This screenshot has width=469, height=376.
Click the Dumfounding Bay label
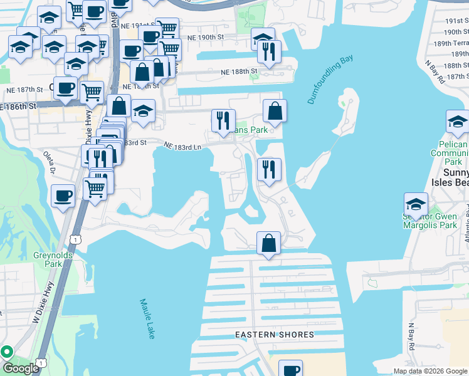330,79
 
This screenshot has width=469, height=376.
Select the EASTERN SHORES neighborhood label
275,335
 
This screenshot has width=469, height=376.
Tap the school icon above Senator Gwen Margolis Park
415,203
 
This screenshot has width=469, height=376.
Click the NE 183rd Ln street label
182,146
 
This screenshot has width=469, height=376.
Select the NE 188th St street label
238,71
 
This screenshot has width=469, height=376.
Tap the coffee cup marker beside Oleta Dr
63,196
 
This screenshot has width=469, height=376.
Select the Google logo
21,368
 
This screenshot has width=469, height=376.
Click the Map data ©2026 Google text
429,371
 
